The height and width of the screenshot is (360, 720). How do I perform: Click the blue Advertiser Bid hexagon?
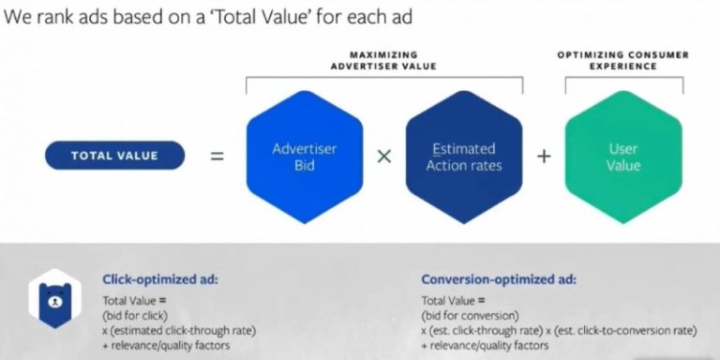point(305,156)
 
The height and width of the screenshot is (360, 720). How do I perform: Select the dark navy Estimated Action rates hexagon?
point(463,156)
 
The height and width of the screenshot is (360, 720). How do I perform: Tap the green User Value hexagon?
point(622,156)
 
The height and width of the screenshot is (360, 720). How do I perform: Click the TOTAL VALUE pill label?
point(116,156)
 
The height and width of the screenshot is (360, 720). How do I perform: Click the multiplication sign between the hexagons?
point(383,156)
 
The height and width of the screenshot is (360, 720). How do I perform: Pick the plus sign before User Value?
point(544,156)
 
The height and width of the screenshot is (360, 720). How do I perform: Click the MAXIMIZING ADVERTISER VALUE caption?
point(383,61)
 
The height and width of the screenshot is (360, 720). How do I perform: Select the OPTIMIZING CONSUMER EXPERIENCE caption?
point(622,61)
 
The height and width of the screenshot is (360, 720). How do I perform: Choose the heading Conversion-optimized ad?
point(499,278)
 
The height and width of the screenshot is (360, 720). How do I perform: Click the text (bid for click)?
point(136,315)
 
